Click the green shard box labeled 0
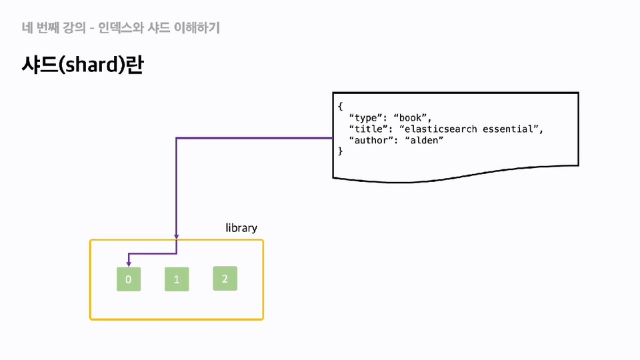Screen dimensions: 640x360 [x=129, y=279]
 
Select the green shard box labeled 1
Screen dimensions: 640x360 [x=177, y=279]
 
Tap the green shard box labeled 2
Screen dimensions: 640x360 [x=225, y=279]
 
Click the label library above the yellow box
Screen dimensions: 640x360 [x=241, y=228]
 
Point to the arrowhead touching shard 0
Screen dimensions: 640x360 [x=129, y=265]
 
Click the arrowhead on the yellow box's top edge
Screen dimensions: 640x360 [x=176, y=237]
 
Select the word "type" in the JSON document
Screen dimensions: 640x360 [x=366, y=118]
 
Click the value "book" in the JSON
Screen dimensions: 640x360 [x=410, y=117]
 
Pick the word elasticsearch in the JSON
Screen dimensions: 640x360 [x=441, y=129]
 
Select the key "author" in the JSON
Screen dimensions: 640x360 [x=369, y=141]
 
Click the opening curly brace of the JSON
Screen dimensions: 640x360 [x=341, y=106]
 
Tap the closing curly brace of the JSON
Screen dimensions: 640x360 [x=341, y=151]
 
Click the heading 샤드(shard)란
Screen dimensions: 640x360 [x=83, y=65]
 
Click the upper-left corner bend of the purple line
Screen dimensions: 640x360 [x=176, y=139]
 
